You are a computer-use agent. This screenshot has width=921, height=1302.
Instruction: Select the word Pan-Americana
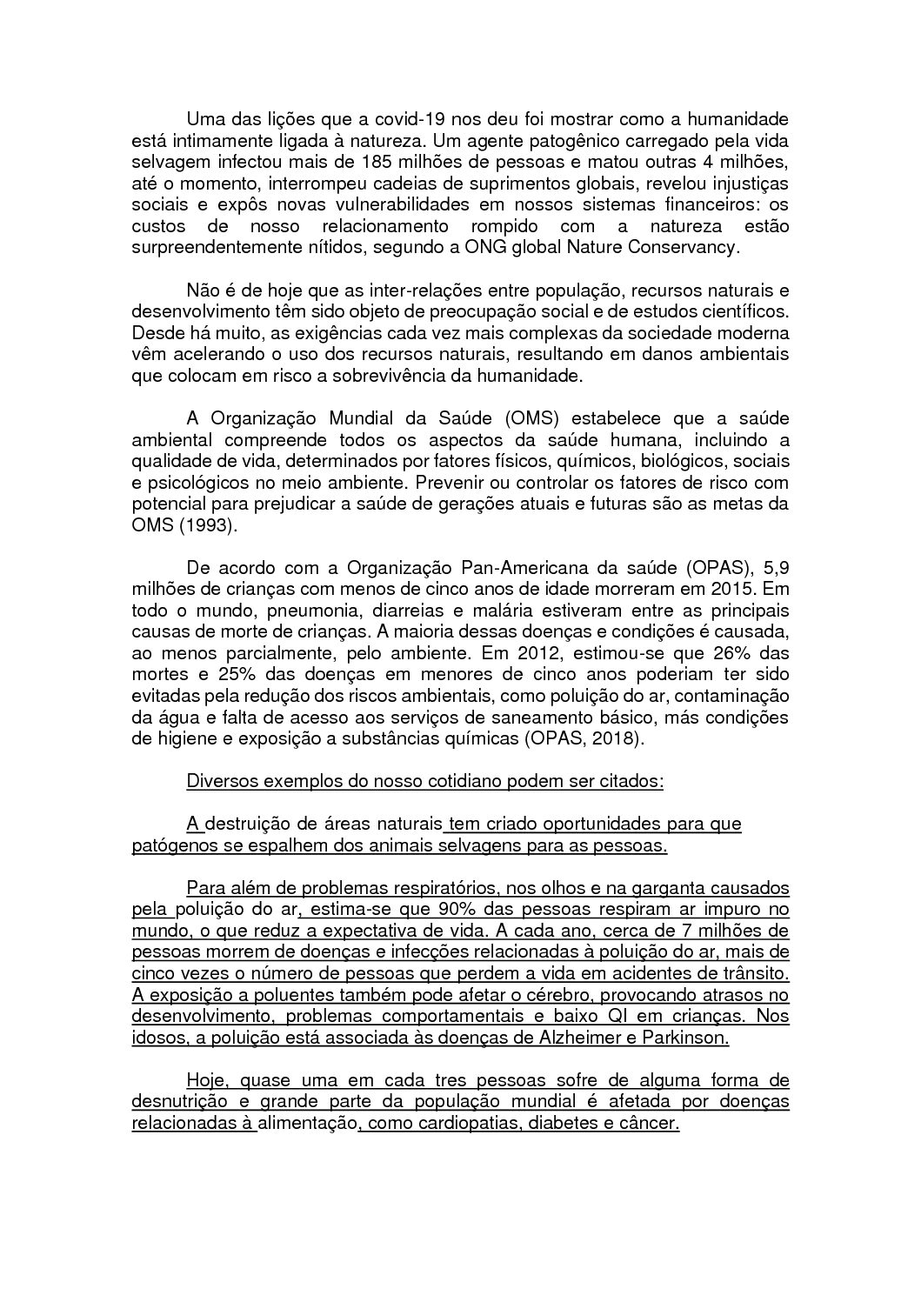[x=505, y=569]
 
